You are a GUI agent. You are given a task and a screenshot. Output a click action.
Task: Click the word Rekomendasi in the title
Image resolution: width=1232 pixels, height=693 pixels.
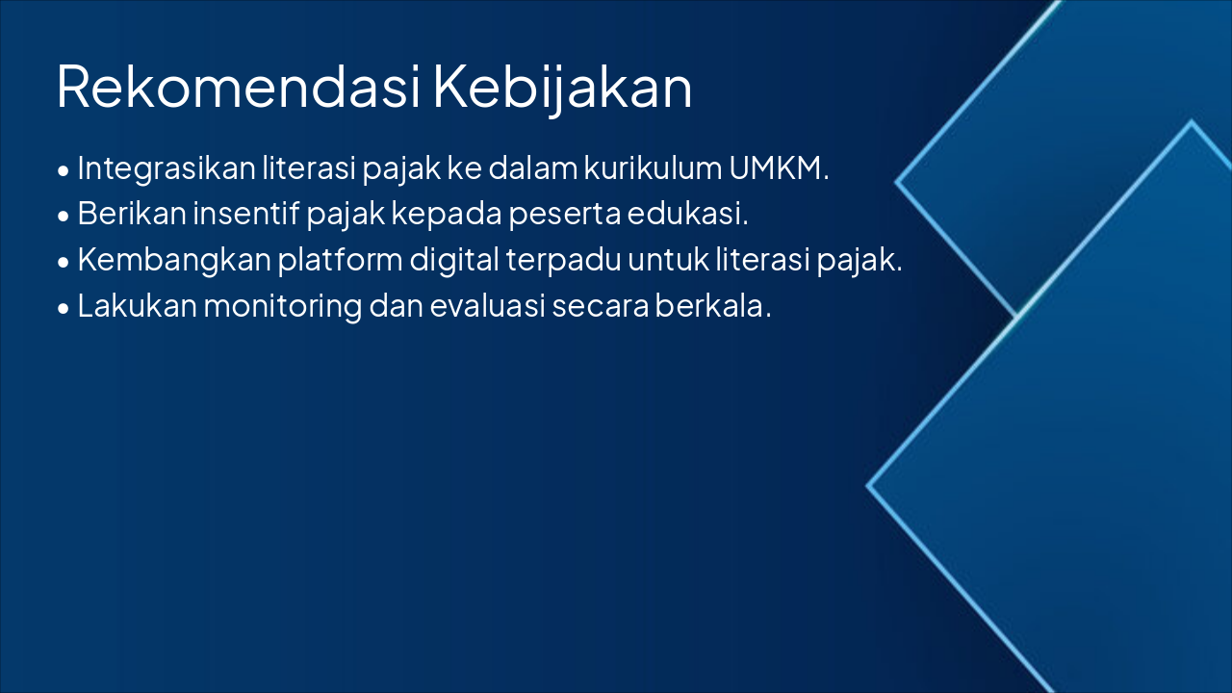pos(239,88)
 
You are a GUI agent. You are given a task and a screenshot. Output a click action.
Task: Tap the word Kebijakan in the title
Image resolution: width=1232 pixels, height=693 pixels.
pos(563,88)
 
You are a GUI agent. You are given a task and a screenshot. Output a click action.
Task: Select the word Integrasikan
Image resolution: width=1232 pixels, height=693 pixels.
pos(166,168)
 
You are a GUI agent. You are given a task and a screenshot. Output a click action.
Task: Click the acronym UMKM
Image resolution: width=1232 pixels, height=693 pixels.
pos(778,168)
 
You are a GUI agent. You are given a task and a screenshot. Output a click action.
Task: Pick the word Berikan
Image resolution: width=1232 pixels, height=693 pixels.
pos(131,214)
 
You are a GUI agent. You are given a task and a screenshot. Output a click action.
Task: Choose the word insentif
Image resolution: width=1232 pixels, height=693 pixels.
pos(245,214)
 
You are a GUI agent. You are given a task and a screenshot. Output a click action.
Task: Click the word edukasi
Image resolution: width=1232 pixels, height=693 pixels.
pos(687,214)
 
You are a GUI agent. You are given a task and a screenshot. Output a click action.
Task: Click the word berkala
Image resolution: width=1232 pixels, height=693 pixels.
pos(713,306)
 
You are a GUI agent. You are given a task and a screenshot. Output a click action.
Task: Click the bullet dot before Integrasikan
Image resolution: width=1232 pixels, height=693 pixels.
pos(64,171)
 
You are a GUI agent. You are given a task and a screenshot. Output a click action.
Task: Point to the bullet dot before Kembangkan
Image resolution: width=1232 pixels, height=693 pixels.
pos(64,263)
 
